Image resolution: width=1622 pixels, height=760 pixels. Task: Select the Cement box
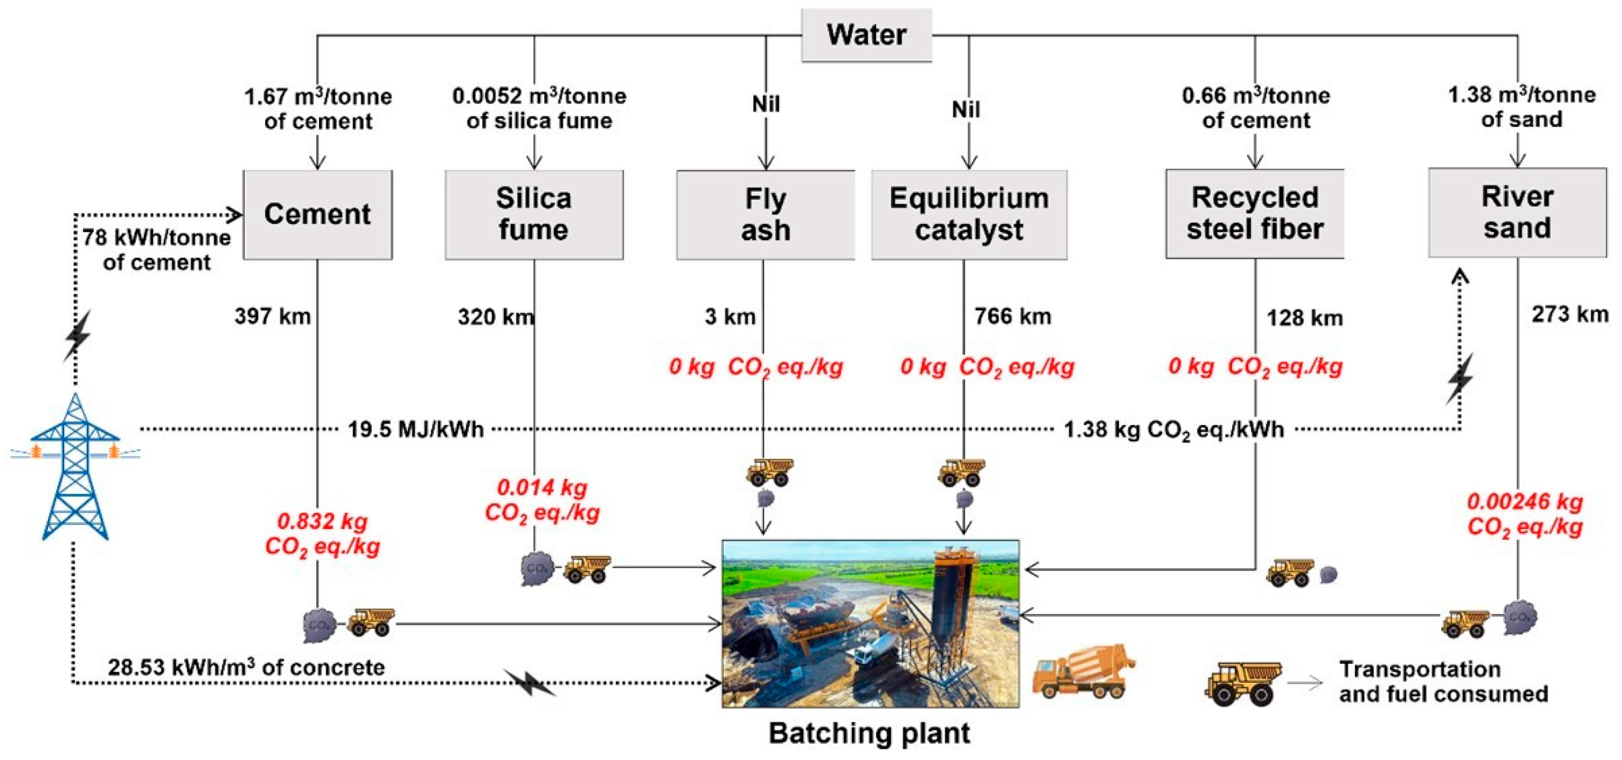[318, 214]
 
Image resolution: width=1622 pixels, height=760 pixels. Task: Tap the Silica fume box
[534, 214]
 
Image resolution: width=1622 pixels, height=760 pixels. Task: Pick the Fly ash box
[766, 214]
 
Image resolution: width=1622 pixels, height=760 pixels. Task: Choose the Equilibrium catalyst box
[969, 214]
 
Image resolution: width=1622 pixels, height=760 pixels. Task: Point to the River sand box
[1517, 212]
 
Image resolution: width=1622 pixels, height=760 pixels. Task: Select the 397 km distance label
[273, 316]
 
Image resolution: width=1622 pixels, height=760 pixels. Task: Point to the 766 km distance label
[1013, 316]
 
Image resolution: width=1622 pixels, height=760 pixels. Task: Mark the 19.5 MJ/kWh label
[416, 429]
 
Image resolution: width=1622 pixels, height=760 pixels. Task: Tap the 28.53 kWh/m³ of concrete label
[246, 667]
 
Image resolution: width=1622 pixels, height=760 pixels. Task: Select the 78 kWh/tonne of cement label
[156, 250]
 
